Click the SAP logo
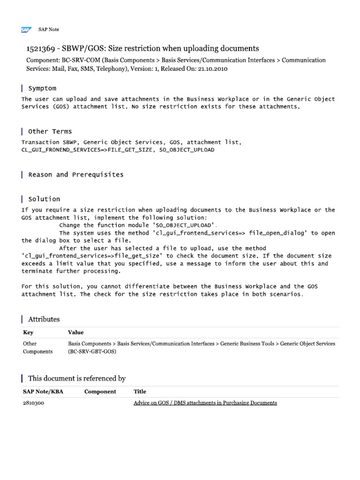[x=25, y=30]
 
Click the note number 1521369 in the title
[x=41, y=49]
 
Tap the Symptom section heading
[x=42, y=88]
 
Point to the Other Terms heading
[x=50, y=131]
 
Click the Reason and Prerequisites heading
[x=76, y=174]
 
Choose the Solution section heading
[x=44, y=199]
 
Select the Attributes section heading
[x=44, y=319]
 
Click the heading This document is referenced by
[x=77, y=378]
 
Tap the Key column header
[x=28, y=332]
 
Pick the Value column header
[x=76, y=332]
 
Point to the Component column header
[x=100, y=391]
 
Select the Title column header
[x=140, y=391]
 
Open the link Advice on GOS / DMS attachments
[x=205, y=403]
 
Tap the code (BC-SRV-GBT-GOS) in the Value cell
[x=92, y=351]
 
